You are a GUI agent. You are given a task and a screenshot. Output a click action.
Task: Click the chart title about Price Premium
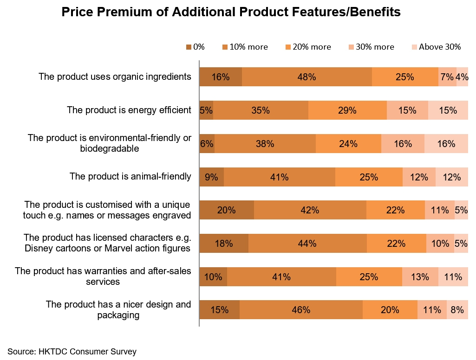tap(231, 13)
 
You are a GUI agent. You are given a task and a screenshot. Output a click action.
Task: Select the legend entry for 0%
tap(196, 47)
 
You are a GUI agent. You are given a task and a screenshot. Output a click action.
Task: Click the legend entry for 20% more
tap(307, 47)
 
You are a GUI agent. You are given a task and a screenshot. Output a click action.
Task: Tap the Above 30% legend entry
tap(436, 47)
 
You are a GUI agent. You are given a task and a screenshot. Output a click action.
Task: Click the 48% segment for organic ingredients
tap(306, 77)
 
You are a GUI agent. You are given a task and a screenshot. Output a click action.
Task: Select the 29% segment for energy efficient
tap(347, 110)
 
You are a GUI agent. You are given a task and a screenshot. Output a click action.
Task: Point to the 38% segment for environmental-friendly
tap(265, 144)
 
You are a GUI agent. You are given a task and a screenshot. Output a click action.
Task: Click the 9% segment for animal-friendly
tap(211, 177)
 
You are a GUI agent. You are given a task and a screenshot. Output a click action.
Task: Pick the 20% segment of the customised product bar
tap(227, 210)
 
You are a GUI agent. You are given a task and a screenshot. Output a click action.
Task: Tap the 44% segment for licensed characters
tap(307, 244)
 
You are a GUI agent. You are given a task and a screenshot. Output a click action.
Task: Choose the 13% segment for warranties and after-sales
tap(420, 277)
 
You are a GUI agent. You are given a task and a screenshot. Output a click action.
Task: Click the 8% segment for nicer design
tap(457, 310)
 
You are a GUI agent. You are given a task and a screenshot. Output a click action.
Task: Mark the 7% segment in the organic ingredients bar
tap(447, 77)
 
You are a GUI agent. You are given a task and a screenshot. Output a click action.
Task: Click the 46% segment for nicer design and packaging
tap(301, 310)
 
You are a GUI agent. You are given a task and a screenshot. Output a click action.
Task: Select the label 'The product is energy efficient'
tap(129, 110)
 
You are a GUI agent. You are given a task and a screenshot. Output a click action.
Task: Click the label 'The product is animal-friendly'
tap(130, 176)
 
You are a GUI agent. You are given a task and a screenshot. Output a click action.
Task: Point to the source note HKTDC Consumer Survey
tap(72, 352)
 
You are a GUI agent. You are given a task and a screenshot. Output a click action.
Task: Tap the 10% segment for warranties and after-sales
tap(213, 277)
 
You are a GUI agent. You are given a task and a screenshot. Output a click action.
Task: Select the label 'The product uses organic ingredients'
tap(115, 77)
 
